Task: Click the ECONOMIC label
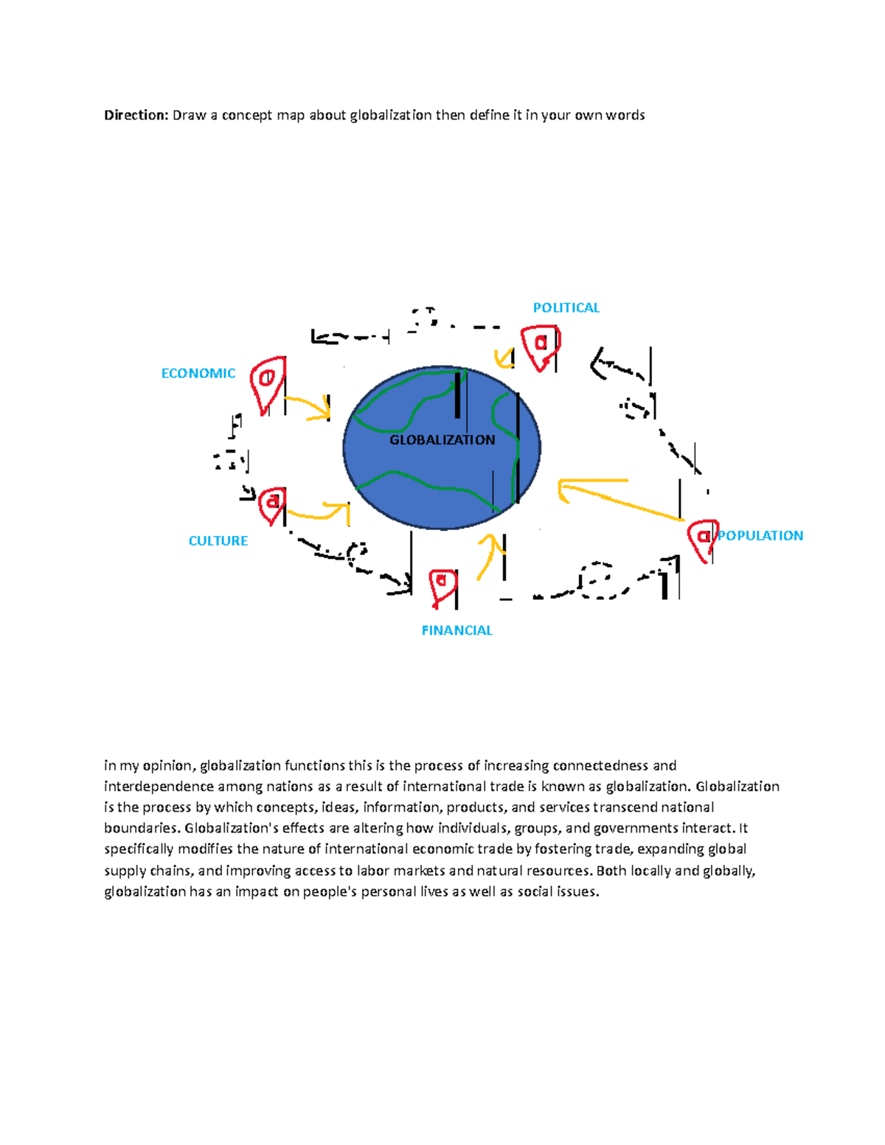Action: tap(198, 374)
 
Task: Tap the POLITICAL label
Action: tap(566, 308)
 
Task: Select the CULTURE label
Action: tap(218, 541)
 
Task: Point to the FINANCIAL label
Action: tap(457, 630)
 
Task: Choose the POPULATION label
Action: tap(760, 536)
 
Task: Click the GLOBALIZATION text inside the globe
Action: tap(442, 440)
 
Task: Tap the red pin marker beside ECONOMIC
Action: tap(267, 383)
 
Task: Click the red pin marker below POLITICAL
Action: tap(541, 347)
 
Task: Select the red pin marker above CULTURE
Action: tap(273, 504)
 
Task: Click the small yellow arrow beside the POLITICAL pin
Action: tap(505, 358)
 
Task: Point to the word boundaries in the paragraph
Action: tap(142, 829)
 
